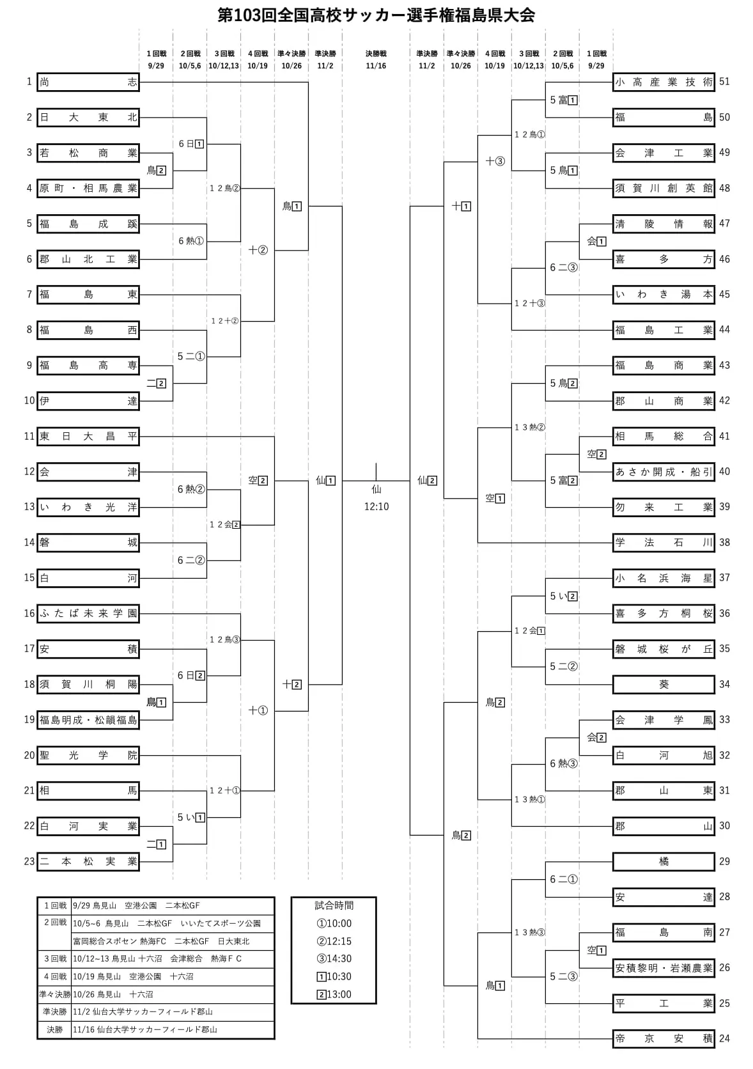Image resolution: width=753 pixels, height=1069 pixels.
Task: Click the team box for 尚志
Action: tap(88, 82)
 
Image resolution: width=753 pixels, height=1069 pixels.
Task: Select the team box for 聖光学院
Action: tap(88, 755)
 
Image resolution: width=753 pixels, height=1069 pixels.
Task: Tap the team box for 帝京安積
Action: tap(664, 1038)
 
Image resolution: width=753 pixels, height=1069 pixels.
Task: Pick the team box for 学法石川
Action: tap(664, 542)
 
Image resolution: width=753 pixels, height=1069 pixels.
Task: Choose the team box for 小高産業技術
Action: tap(664, 82)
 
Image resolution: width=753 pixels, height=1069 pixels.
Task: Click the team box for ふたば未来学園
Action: tap(88, 613)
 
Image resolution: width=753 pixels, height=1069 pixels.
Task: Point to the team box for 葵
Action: tap(664, 684)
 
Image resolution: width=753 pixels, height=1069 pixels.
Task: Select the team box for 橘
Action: tap(664, 861)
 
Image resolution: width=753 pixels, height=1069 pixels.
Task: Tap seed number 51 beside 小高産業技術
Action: tap(724, 82)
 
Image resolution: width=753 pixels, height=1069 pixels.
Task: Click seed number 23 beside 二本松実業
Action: tap(29, 861)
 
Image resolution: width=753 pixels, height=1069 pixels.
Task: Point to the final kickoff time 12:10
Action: tap(376, 506)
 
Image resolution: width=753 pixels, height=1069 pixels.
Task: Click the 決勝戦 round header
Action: tap(376, 54)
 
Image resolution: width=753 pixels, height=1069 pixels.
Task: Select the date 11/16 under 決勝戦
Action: tap(376, 66)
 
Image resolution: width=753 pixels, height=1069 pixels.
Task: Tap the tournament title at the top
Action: tap(376, 15)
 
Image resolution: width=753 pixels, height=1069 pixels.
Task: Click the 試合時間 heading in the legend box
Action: tap(334, 905)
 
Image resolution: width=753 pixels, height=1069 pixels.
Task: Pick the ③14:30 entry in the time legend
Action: tap(334, 959)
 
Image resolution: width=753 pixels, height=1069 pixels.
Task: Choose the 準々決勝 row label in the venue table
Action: tap(55, 995)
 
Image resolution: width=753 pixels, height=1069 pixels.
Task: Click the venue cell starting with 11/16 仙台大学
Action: tap(145, 1030)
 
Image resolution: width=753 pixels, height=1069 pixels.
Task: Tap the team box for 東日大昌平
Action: tap(88, 436)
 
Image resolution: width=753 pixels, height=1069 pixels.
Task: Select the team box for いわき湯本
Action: tap(664, 295)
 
